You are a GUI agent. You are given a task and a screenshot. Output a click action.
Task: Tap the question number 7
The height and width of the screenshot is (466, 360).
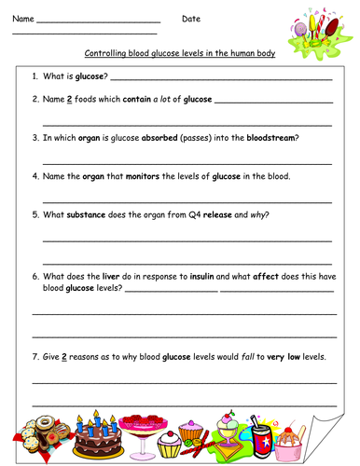point(35,358)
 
